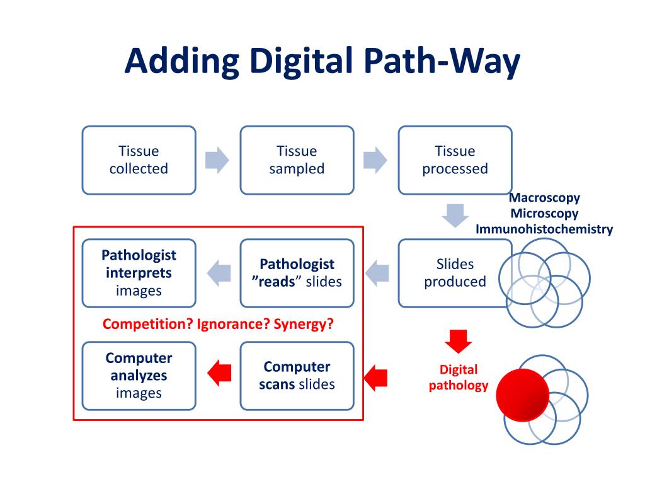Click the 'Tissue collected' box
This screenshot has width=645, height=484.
(139, 160)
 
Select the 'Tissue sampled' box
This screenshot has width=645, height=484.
(297, 160)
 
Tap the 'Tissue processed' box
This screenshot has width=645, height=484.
(455, 160)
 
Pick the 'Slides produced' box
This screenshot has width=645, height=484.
(455, 273)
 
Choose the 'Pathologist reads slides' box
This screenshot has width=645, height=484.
(297, 273)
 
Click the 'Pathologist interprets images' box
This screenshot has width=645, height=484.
(139, 273)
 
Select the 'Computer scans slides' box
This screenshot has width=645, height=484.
(297, 376)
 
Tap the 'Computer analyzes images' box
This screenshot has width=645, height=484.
(139, 376)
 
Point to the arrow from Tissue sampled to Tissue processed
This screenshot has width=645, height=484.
(376, 160)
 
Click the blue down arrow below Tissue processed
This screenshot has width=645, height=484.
(455, 215)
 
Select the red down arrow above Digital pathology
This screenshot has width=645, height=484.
(458, 341)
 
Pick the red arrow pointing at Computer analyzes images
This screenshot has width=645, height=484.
(218, 372)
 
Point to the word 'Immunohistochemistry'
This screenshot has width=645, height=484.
(544, 229)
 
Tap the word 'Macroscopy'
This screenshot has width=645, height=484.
(544, 198)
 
